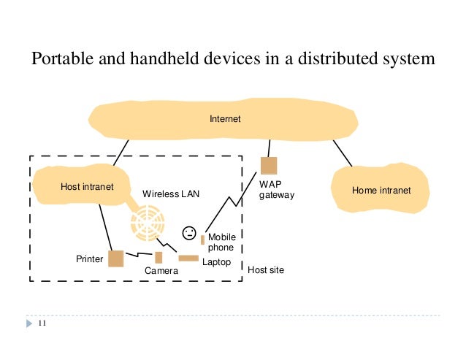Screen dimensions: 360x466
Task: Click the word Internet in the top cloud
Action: [x=224, y=118]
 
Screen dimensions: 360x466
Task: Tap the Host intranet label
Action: [x=86, y=187]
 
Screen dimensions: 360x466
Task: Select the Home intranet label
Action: [x=381, y=190]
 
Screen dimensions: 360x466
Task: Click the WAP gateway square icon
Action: [x=269, y=166]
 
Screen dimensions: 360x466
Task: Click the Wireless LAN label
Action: [x=170, y=194]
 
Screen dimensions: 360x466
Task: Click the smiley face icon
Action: [x=189, y=233]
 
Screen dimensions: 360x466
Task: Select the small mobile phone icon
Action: [x=202, y=240]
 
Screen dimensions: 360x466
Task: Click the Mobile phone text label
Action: [x=221, y=242]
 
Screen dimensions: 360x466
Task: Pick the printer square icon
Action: [x=116, y=258]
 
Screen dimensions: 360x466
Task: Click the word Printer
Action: [x=90, y=259]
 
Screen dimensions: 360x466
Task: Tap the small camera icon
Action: [x=158, y=257]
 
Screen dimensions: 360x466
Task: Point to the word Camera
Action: [x=161, y=272]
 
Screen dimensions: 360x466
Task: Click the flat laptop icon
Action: [x=188, y=258]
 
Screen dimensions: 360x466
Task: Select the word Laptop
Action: [x=216, y=261]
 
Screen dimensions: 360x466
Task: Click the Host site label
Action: [x=266, y=270]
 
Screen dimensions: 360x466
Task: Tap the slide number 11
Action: [x=41, y=323]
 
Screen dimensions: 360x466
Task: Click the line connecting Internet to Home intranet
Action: [x=341, y=153]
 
